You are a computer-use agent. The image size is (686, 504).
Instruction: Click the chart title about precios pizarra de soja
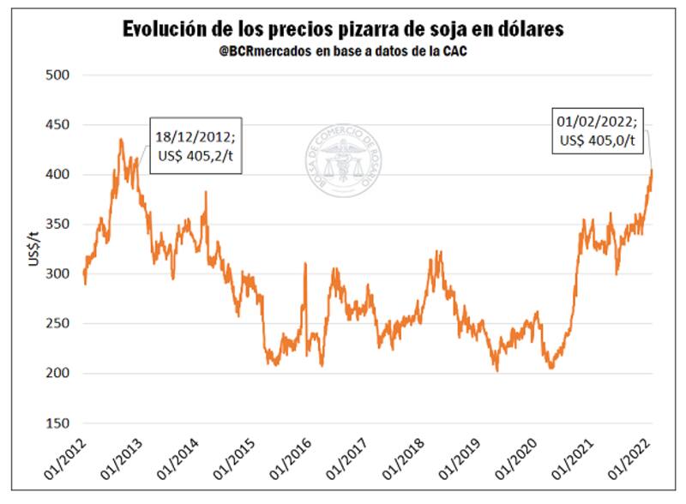coord(343,28)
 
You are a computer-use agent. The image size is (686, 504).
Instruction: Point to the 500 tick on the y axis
coord(58,75)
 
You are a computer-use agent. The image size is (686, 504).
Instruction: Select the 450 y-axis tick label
coord(58,125)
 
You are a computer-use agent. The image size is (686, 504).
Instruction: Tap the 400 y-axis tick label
coord(58,175)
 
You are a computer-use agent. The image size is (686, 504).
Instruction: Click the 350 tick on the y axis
coord(58,225)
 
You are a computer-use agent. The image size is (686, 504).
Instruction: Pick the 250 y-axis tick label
coord(58,324)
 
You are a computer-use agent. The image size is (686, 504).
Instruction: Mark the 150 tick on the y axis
coord(58,423)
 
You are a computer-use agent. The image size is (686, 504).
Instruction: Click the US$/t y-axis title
coord(32,249)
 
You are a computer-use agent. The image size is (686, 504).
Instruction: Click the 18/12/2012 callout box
coord(196,146)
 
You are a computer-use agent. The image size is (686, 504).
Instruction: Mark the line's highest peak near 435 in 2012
coord(121,139)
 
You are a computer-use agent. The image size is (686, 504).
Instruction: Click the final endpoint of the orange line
coord(653,170)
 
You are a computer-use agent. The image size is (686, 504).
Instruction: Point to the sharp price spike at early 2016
coord(305,265)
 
